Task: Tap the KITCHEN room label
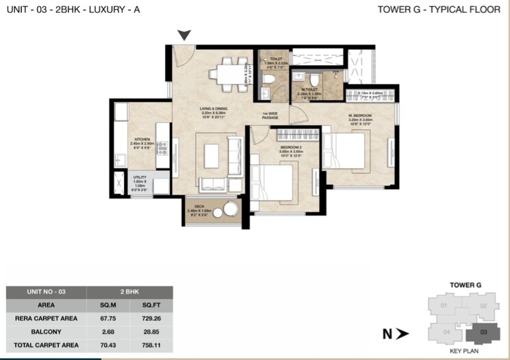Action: [x=142, y=139]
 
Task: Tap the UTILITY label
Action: [x=139, y=177]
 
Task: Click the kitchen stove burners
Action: [x=163, y=147]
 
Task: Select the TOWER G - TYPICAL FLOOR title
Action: [x=438, y=10]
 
